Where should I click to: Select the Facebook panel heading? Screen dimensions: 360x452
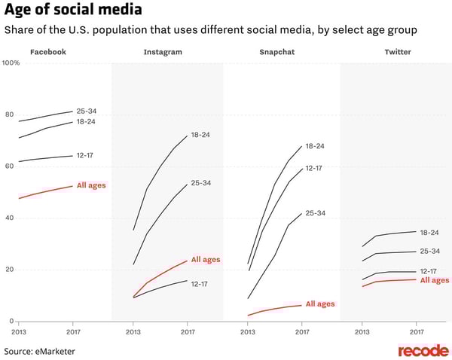pyautogui.click(x=48, y=52)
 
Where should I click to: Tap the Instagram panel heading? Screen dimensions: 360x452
pyautogui.click(x=163, y=52)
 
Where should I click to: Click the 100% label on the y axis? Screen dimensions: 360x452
pyautogui.click(x=11, y=63)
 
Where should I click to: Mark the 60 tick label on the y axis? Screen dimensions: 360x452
pyautogui.click(x=9, y=166)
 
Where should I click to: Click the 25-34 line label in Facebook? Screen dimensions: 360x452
pyautogui.click(x=87, y=111)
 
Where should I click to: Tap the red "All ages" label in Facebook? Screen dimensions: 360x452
pyautogui.click(x=91, y=185)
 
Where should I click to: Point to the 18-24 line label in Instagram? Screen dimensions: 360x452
pyautogui.click(x=200, y=135)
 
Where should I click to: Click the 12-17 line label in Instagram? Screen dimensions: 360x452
pyautogui.click(x=200, y=283)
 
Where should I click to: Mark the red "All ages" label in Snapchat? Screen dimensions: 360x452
pyautogui.click(x=319, y=304)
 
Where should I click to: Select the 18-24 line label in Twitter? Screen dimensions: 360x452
pyautogui.click(x=429, y=233)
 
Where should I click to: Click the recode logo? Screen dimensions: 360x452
pyautogui.click(x=423, y=350)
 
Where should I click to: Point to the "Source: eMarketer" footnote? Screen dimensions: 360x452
pyautogui.click(x=39, y=350)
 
